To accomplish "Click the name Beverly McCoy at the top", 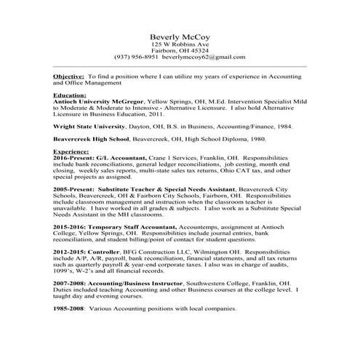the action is click(x=180, y=36).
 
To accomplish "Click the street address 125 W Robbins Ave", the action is click(x=180, y=44).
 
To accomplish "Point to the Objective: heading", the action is click(x=69, y=76).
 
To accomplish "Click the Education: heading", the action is click(x=70, y=95).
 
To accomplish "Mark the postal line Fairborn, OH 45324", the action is click(x=180, y=50).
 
